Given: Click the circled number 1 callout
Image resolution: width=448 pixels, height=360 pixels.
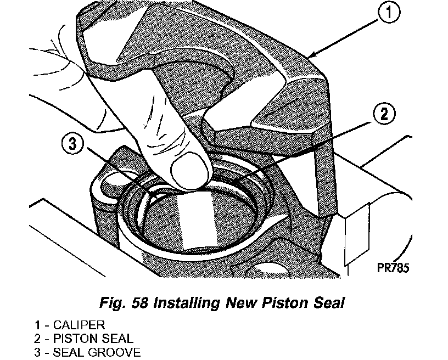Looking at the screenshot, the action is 389,12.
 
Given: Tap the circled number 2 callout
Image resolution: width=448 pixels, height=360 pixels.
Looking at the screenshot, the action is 384,114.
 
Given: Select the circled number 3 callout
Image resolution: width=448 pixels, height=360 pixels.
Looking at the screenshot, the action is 73,144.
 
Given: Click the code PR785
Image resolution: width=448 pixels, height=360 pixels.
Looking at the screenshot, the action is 393,268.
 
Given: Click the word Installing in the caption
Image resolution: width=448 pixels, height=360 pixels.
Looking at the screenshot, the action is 187,303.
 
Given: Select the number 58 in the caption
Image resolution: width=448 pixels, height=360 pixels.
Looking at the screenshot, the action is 139,302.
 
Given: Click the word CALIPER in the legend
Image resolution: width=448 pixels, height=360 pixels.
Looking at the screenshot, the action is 79,325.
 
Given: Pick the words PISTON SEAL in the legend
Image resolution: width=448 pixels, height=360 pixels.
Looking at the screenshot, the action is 93,339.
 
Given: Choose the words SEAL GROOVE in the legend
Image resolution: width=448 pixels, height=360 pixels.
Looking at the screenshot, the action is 97,352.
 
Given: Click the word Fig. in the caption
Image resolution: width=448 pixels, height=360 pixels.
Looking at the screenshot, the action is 113,303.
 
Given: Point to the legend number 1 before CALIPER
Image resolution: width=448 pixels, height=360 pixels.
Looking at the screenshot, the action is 37,325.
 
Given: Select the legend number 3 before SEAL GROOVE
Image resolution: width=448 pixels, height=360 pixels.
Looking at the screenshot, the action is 37,352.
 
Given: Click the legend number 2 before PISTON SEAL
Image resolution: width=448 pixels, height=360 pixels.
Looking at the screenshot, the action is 37,339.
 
